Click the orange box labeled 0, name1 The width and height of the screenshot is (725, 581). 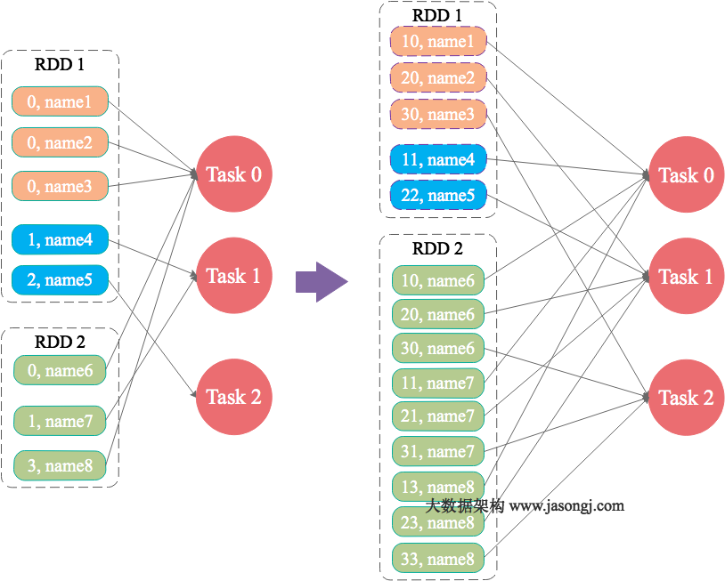[x=60, y=101]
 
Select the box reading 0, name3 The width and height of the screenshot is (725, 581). [x=60, y=186]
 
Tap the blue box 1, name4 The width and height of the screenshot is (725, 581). [x=60, y=239]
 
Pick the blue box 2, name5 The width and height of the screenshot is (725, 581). [x=60, y=279]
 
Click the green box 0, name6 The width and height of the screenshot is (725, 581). [x=60, y=370]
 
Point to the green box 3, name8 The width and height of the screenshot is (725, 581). [x=60, y=465]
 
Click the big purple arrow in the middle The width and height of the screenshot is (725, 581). [x=321, y=281]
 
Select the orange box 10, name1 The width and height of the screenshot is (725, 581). [x=438, y=41]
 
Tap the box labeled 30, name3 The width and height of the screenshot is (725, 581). [x=438, y=114]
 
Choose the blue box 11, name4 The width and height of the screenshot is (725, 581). [x=438, y=160]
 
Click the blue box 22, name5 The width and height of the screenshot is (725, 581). [x=438, y=196]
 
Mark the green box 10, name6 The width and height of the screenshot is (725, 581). [x=438, y=280]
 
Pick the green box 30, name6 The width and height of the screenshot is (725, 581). [x=438, y=348]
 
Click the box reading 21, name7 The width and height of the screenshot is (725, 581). [x=438, y=416]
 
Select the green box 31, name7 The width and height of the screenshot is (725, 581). [x=438, y=451]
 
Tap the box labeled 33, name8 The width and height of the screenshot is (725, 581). [x=438, y=559]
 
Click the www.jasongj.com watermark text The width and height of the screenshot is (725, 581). [x=566, y=506]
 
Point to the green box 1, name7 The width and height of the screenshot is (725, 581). [x=60, y=421]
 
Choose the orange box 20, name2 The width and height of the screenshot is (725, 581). [x=438, y=77]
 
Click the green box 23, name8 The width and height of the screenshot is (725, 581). [x=438, y=523]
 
